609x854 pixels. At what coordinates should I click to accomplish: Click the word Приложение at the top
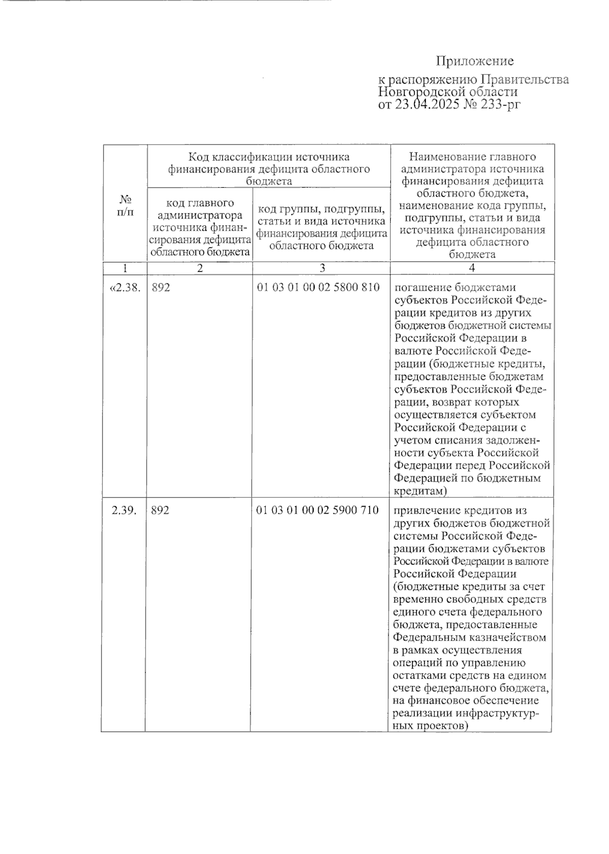coord(475,61)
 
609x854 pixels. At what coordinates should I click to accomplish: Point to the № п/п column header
coord(125,205)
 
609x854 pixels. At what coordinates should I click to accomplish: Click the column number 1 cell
coord(125,268)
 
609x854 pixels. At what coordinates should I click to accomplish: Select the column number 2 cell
coord(200,268)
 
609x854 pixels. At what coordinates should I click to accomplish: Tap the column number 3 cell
coord(321,268)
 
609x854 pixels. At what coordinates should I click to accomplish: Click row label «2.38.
coord(124,288)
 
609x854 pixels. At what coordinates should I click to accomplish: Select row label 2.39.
coord(124,510)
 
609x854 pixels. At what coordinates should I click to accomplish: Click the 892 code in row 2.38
coord(160,288)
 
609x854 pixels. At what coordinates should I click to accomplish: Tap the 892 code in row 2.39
coord(160,510)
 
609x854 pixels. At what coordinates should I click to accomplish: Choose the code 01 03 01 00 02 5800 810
coord(318,288)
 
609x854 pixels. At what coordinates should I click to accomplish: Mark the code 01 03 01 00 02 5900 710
coord(318,510)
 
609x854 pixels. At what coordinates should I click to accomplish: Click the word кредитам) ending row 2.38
coord(421,491)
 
